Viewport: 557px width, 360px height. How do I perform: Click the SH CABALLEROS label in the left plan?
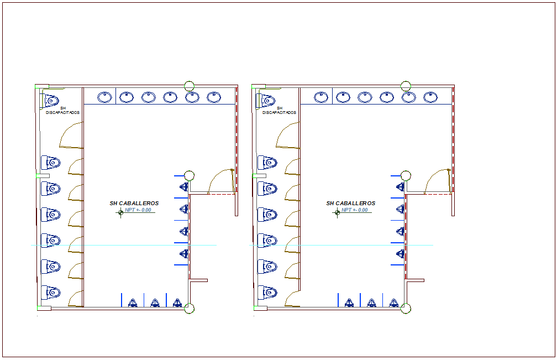(134, 204)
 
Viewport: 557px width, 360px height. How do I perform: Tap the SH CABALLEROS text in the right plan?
(351, 204)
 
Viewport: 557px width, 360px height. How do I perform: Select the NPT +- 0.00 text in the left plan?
(138, 210)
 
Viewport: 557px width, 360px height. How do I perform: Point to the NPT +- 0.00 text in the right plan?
(355, 210)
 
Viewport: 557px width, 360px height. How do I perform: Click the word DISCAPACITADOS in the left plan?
(63, 112)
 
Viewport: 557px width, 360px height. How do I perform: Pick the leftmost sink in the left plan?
(104, 97)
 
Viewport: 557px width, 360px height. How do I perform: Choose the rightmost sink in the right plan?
(430, 97)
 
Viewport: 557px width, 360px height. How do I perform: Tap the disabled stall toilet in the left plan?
(51, 101)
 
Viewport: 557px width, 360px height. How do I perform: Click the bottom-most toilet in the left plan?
(52, 292)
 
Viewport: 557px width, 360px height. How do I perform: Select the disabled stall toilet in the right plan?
(268, 101)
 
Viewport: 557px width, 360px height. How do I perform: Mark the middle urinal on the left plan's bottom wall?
(155, 302)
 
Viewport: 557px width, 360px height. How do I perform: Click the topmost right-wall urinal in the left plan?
(184, 187)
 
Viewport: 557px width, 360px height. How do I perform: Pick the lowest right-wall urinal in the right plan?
(401, 253)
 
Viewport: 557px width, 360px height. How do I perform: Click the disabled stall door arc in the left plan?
(70, 136)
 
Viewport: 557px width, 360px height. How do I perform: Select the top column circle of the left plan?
(189, 86)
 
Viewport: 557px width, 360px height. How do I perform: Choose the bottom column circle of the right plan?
(406, 308)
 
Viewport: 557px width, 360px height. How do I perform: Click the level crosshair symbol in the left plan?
(120, 212)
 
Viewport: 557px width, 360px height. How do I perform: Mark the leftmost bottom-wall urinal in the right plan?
(349, 302)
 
